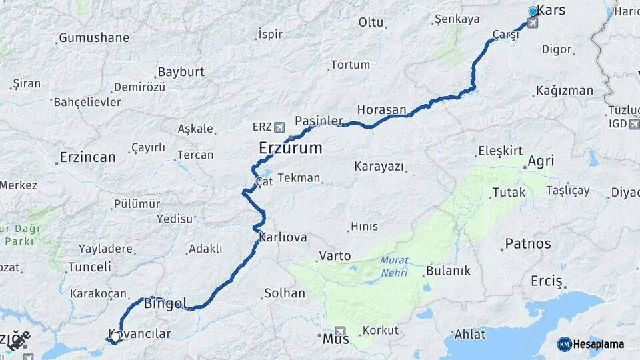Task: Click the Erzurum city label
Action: point(291,148)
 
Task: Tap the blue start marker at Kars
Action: point(533,11)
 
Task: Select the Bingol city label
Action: point(165,304)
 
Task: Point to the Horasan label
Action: point(381,109)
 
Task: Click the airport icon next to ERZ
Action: point(278,126)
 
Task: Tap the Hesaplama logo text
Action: point(598,344)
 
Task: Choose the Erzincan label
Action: point(87,157)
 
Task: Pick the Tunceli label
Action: point(89,267)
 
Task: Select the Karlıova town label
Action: point(283,237)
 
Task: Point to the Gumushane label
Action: point(94,38)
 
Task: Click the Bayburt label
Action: point(180,72)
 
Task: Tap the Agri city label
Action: point(541,161)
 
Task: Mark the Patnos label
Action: point(528,243)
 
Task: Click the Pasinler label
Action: point(319,121)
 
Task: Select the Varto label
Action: point(335,255)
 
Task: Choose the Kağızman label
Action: point(564,91)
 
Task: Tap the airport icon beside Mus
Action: point(341,331)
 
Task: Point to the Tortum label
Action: point(350,65)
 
